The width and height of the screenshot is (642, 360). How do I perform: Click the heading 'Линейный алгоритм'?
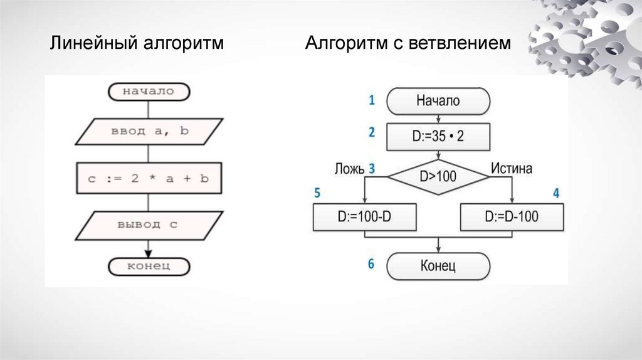tap(137, 44)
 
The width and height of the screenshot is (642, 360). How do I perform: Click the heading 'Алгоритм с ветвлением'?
tap(408, 44)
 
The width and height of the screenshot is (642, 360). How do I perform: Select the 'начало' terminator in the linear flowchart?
tap(148, 92)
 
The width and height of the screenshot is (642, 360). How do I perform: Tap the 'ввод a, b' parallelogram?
tap(149, 131)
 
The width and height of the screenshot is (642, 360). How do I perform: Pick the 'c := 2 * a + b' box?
tap(148, 178)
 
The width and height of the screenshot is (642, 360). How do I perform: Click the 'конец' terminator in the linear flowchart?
tap(149, 266)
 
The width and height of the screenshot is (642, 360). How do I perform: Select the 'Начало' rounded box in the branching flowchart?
tap(438, 100)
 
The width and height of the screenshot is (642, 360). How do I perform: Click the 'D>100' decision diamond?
tap(438, 177)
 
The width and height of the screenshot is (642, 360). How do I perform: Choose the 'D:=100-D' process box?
tap(364, 217)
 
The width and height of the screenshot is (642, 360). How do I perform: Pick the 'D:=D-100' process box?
tap(512, 217)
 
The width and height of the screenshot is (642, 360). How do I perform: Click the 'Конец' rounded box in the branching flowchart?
tap(438, 266)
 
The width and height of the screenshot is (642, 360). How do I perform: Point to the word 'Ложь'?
tap(348, 168)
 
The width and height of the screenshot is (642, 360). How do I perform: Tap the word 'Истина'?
tap(512, 168)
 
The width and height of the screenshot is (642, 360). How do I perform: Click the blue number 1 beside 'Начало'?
tap(371, 100)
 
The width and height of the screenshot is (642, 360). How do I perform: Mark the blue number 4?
tap(555, 193)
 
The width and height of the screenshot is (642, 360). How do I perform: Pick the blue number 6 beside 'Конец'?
tap(371, 264)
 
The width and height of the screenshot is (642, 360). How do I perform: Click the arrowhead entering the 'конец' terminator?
tap(148, 253)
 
